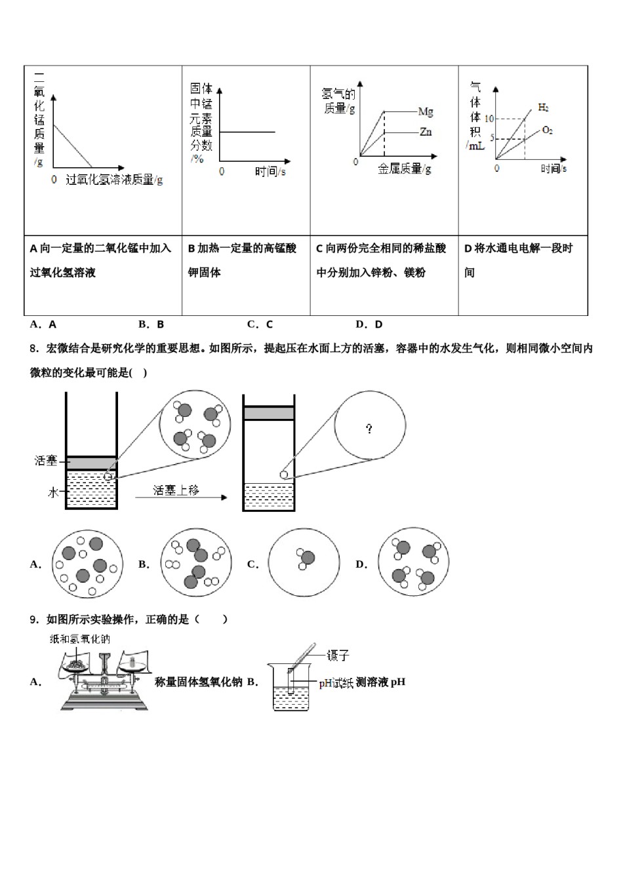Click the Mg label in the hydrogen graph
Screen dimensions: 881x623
(x=426, y=112)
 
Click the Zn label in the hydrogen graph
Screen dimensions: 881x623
(x=426, y=132)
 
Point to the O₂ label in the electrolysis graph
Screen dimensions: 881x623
(x=547, y=130)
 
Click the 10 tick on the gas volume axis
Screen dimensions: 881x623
(x=489, y=119)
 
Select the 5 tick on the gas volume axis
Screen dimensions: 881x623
(x=491, y=139)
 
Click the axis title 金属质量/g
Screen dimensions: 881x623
(x=404, y=170)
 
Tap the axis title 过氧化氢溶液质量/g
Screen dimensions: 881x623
(x=114, y=179)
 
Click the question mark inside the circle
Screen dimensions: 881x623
(x=369, y=429)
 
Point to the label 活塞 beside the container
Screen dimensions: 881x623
(x=46, y=461)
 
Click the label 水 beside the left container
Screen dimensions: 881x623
(x=53, y=492)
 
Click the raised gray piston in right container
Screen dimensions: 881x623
(x=269, y=413)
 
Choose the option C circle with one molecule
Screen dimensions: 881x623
(x=304, y=563)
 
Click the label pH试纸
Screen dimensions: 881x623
(x=336, y=683)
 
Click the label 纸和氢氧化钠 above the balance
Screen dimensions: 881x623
(x=80, y=639)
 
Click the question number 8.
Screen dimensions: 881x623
(x=35, y=349)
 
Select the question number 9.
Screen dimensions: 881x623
(x=35, y=619)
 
